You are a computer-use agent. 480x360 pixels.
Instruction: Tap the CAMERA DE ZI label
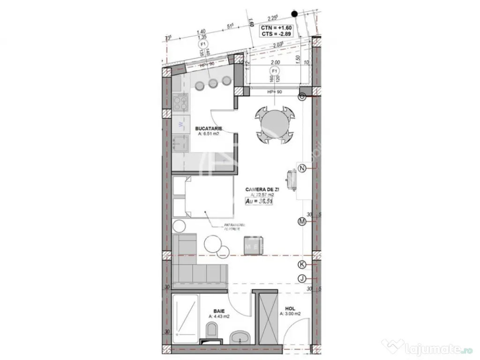tap(262, 189)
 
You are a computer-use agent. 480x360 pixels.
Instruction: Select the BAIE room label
tap(219, 311)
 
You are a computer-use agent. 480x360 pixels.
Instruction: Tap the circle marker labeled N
tap(302, 168)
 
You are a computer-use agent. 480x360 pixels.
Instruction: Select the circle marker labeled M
tap(302, 222)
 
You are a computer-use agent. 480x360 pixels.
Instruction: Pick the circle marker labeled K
tap(302, 264)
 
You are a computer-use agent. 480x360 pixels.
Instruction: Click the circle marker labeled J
tap(302, 279)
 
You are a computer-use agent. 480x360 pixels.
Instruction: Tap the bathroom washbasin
tap(241, 337)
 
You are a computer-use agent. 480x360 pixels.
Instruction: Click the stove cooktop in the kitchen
tap(180, 103)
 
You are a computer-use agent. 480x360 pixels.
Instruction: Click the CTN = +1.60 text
tap(277, 28)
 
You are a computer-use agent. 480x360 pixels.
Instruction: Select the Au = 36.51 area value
tap(260, 201)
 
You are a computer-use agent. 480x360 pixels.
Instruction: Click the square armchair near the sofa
tap(255, 244)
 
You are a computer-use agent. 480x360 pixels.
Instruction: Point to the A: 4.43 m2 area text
tap(219, 317)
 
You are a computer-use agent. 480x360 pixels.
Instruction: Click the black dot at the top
tap(294, 13)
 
